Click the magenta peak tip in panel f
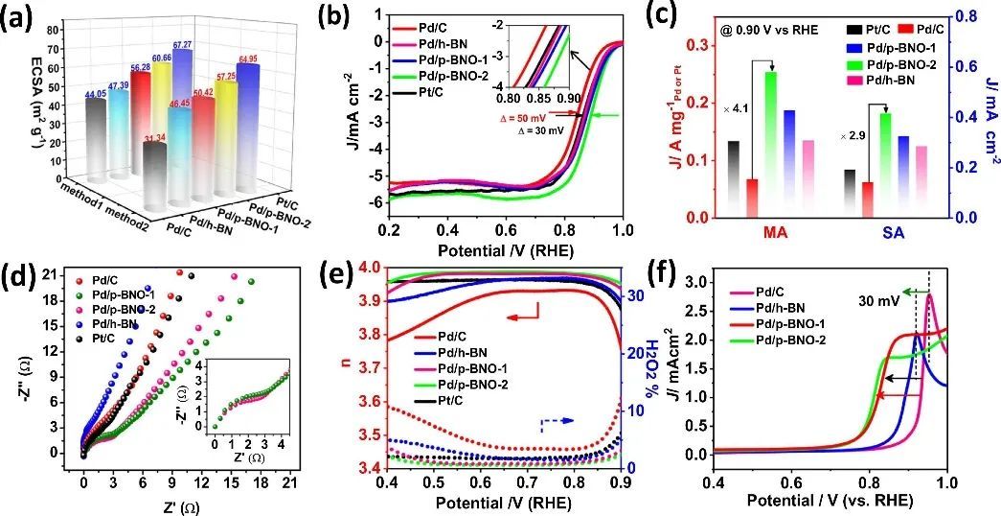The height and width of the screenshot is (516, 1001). [x=929, y=296]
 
